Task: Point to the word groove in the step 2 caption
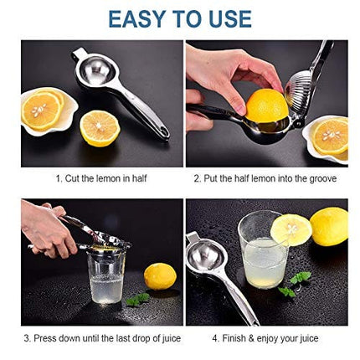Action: (320, 178)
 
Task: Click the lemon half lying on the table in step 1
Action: (100, 128)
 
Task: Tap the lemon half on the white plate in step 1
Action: (43, 110)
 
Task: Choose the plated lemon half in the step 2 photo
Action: (329, 134)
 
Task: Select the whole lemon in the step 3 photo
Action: (159, 276)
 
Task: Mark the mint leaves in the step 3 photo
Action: (137, 299)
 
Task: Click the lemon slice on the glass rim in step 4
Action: (291, 229)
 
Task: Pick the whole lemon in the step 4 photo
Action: (328, 226)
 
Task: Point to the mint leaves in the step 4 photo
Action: (295, 283)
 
